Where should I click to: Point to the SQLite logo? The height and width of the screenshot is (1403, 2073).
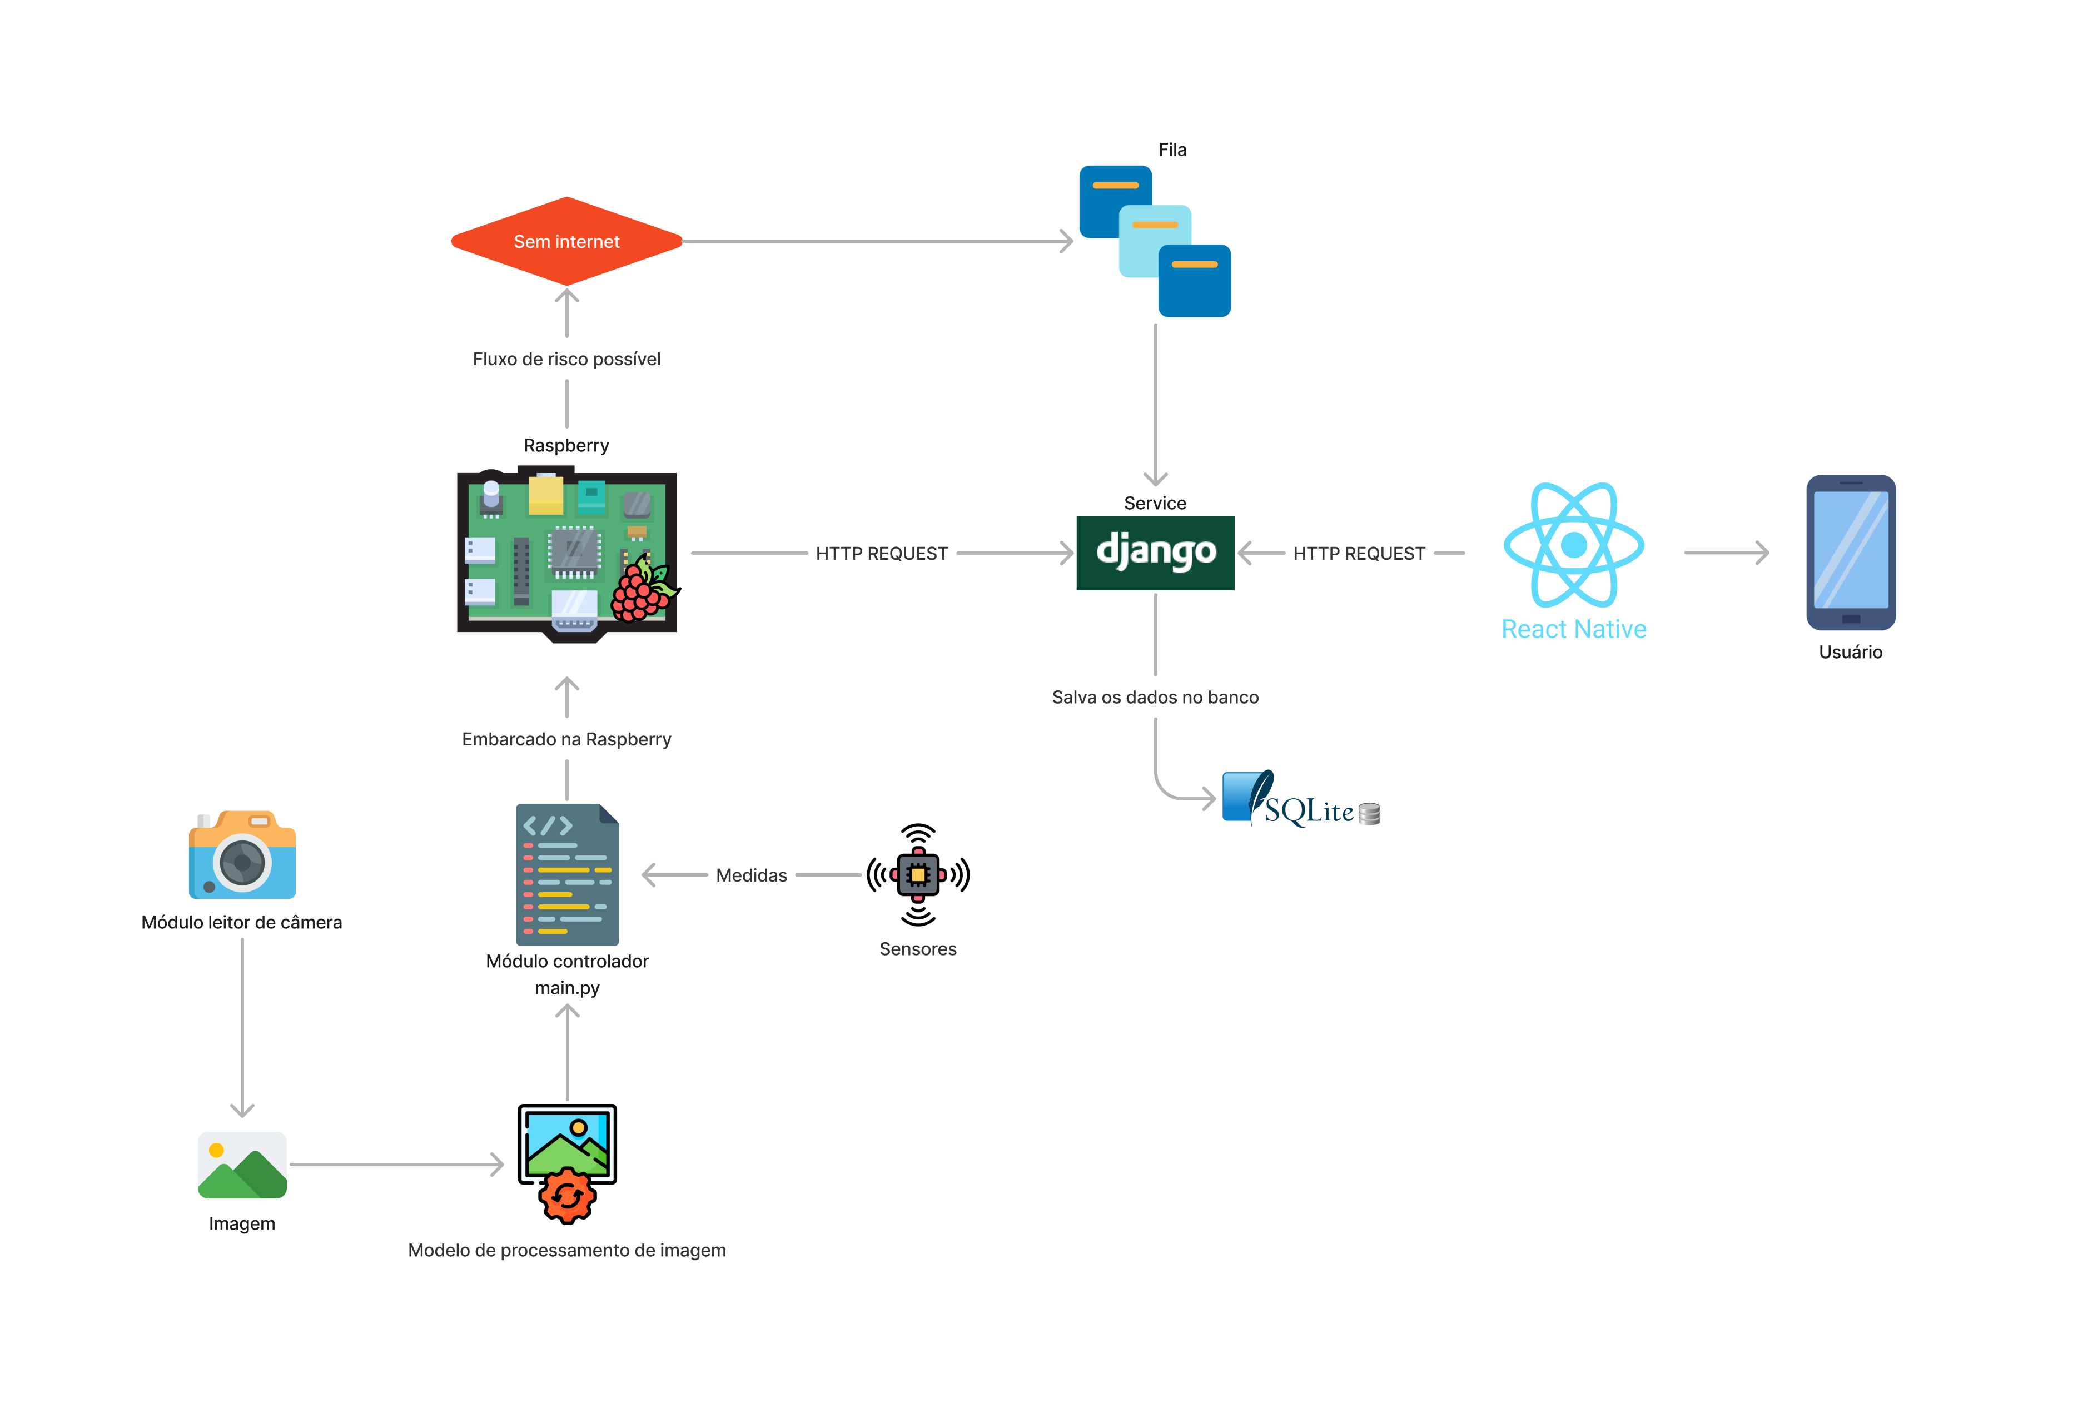click(x=1300, y=800)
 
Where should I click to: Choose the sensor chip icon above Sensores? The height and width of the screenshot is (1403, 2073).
click(x=918, y=875)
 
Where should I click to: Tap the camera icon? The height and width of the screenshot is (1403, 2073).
click(x=242, y=855)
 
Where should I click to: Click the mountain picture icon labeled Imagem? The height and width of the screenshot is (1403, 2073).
click(x=242, y=1165)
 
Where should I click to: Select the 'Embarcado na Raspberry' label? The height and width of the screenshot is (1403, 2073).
click(x=566, y=739)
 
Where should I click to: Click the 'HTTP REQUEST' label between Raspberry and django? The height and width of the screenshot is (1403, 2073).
click(x=881, y=554)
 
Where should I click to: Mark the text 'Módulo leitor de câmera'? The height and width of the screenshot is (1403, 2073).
click(x=242, y=922)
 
